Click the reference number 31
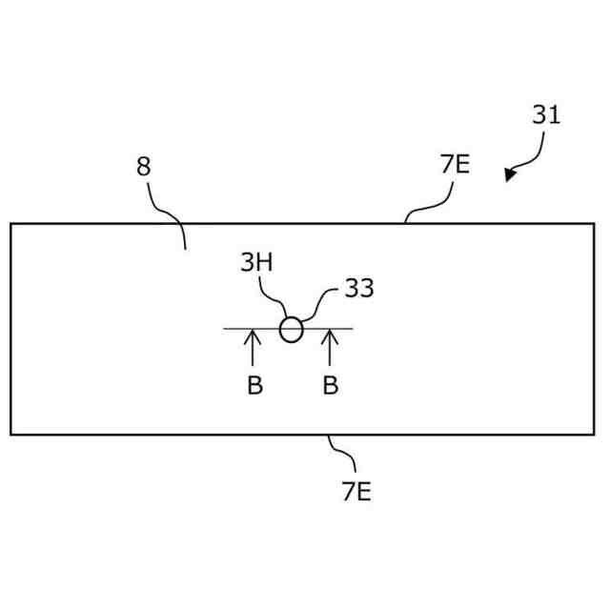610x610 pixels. [545, 115]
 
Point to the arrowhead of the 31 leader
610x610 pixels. [510, 175]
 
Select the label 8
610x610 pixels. [143, 168]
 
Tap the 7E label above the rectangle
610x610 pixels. [455, 165]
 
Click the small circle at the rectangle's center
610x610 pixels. [291, 330]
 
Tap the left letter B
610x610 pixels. [254, 387]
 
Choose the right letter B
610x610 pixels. [330, 387]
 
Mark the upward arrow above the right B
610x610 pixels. [330, 347]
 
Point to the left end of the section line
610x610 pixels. [225, 329]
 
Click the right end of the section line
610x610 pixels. [353, 329]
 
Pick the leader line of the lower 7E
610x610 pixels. [341, 454]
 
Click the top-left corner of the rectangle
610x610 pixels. [10, 224]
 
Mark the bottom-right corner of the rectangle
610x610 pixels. [595, 435]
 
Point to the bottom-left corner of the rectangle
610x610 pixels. [10, 435]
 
